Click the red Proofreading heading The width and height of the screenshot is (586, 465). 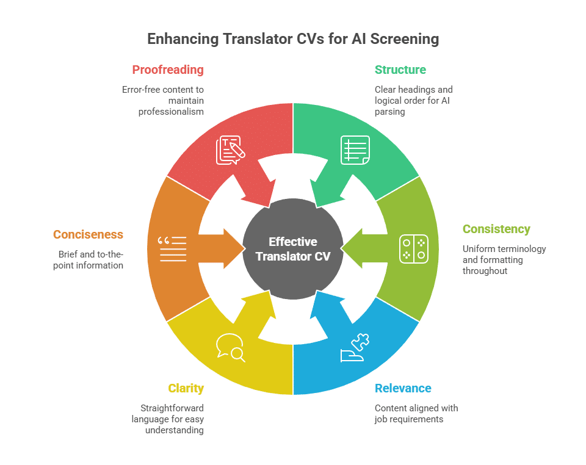[x=168, y=70]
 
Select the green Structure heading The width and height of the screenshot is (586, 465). [x=400, y=70]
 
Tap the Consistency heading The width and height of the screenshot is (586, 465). [x=496, y=229]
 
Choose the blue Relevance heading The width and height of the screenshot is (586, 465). [x=403, y=389]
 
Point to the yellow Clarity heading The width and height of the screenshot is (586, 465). [x=186, y=389]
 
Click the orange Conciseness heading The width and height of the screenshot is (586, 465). [x=88, y=234]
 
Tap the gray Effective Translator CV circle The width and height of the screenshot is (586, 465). [x=293, y=249]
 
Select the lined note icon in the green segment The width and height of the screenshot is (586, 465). [x=355, y=150]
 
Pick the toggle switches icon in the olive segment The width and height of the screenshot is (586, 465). [x=414, y=249]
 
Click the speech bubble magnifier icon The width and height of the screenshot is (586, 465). [x=231, y=348]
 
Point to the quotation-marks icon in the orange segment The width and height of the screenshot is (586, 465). [x=172, y=249]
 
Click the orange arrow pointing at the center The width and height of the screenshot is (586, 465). [x=221, y=249]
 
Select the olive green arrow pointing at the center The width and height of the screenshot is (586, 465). [x=364, y=249]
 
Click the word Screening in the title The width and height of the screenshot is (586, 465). [x=404, y=39]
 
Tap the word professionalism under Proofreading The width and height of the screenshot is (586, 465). [x=171, y=112]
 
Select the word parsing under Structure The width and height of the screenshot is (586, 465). [x=390, y=112]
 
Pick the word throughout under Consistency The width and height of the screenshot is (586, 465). [x=485, y=271]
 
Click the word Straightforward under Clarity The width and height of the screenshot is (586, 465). [x=172, y=408]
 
